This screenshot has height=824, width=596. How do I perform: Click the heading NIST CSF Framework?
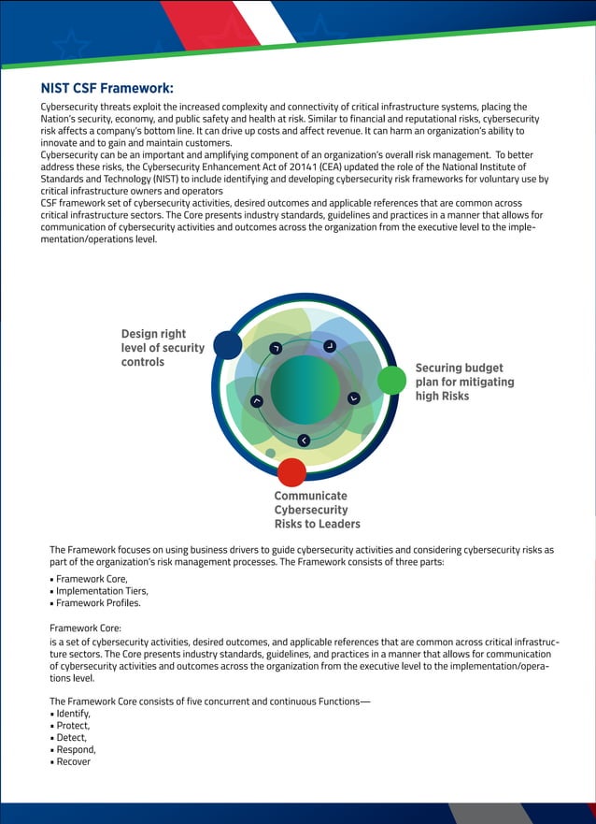(x=106, y=89)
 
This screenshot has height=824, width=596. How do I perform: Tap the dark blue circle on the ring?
(x=227, y=344)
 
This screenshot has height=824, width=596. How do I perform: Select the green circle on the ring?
(x=391, y=380)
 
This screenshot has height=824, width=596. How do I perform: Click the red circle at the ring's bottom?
(x=291, y=471)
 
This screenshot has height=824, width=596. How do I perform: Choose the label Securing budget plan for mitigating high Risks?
(x=464, y=382)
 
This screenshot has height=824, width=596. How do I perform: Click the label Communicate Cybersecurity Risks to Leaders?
(x=317, y=510)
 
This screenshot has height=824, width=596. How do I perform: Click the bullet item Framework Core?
(x=92, y=579)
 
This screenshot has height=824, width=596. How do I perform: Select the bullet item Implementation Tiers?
(x=101, y=591)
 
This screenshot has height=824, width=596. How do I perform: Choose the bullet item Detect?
(x=72, y=738)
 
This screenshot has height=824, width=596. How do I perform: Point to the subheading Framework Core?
(x=85, y=628)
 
